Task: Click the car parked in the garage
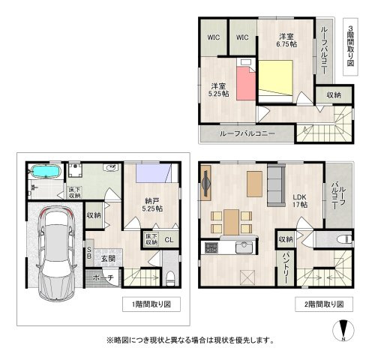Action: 56,253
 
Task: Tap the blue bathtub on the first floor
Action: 45,172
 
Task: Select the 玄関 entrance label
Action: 108,259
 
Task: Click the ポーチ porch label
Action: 103,277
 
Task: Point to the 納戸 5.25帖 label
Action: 152,205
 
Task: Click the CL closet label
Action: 169,240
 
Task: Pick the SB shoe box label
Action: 89,253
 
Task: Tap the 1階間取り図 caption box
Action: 151,304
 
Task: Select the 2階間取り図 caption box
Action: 324,304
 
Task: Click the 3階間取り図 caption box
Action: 350,46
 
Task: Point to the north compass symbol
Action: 343,330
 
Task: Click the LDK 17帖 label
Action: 300,201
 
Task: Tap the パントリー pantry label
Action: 286,268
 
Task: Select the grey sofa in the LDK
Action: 276,185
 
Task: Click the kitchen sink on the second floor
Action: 244,247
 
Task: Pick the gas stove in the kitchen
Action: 211,247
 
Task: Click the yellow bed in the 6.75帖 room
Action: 275,81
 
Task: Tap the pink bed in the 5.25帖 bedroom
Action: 246,79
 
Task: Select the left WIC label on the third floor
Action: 214,37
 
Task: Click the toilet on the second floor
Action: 344,239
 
